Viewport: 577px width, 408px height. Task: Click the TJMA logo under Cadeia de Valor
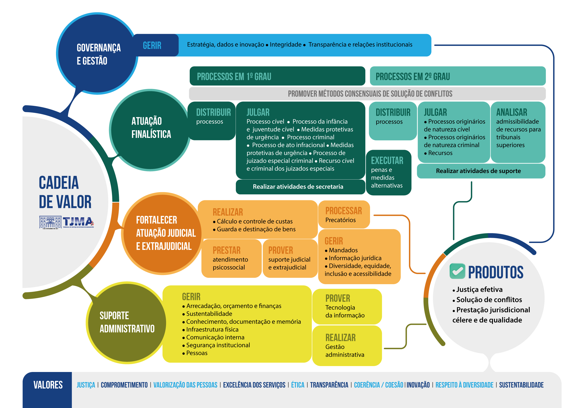coord(67,222)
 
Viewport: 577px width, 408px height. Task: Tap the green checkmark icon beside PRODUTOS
coord(457,271)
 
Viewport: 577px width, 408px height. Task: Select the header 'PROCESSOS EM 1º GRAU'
coord(234,77)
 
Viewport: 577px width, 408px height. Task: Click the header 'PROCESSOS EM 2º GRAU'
coord(413,77)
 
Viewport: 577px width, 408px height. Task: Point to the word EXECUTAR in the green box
coord(387,161)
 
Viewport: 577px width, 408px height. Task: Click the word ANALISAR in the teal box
coord(511,112)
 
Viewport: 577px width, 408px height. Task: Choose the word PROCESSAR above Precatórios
coord(344,211)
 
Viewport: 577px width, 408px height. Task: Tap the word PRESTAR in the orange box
coord(226,250)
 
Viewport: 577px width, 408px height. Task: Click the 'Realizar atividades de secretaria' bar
coord(298,187)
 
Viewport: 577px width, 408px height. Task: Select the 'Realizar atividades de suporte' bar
coord(478,171)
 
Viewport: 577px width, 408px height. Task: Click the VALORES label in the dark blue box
coord(48,385)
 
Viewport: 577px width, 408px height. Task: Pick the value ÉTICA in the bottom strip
coord(298,385)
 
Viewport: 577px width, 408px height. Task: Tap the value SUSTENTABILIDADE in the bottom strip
coord(521,385)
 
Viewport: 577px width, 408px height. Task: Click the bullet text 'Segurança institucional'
coord(218,345)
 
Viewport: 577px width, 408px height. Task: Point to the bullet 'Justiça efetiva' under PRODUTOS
coord(479,290)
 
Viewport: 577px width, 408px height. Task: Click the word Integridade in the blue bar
coord(285,45)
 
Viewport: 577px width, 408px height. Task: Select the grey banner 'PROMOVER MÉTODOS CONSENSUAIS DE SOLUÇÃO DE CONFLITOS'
coord(370,94)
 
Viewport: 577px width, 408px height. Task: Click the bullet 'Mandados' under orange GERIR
coord(343,250)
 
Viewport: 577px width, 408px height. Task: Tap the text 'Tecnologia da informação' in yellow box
coord(345,311)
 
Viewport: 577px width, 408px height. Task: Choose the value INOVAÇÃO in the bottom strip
coord(418,385)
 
